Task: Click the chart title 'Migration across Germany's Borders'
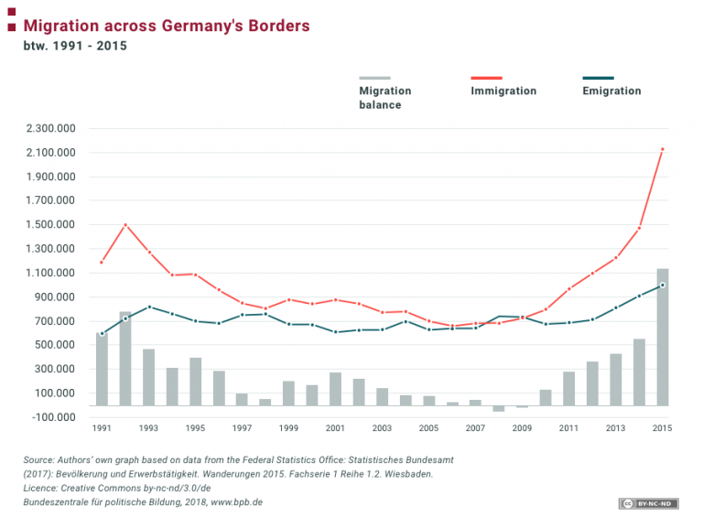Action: click(166, 26)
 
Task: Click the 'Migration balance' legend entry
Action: click(384, 97)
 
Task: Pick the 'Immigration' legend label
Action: click(503, 91)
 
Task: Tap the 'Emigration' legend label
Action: click(611, 91)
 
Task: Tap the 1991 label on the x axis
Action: click(102, 427)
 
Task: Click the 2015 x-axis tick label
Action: click(663, 427)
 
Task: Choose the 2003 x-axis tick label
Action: click(382, 427)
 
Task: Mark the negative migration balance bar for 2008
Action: click(499, 408)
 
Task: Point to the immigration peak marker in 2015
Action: click(663, 149)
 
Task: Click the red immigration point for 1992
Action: click(125, 225)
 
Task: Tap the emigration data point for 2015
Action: click(663, 285)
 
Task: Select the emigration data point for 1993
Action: click(149, 307)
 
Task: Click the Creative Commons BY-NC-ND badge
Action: click(645, 502)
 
